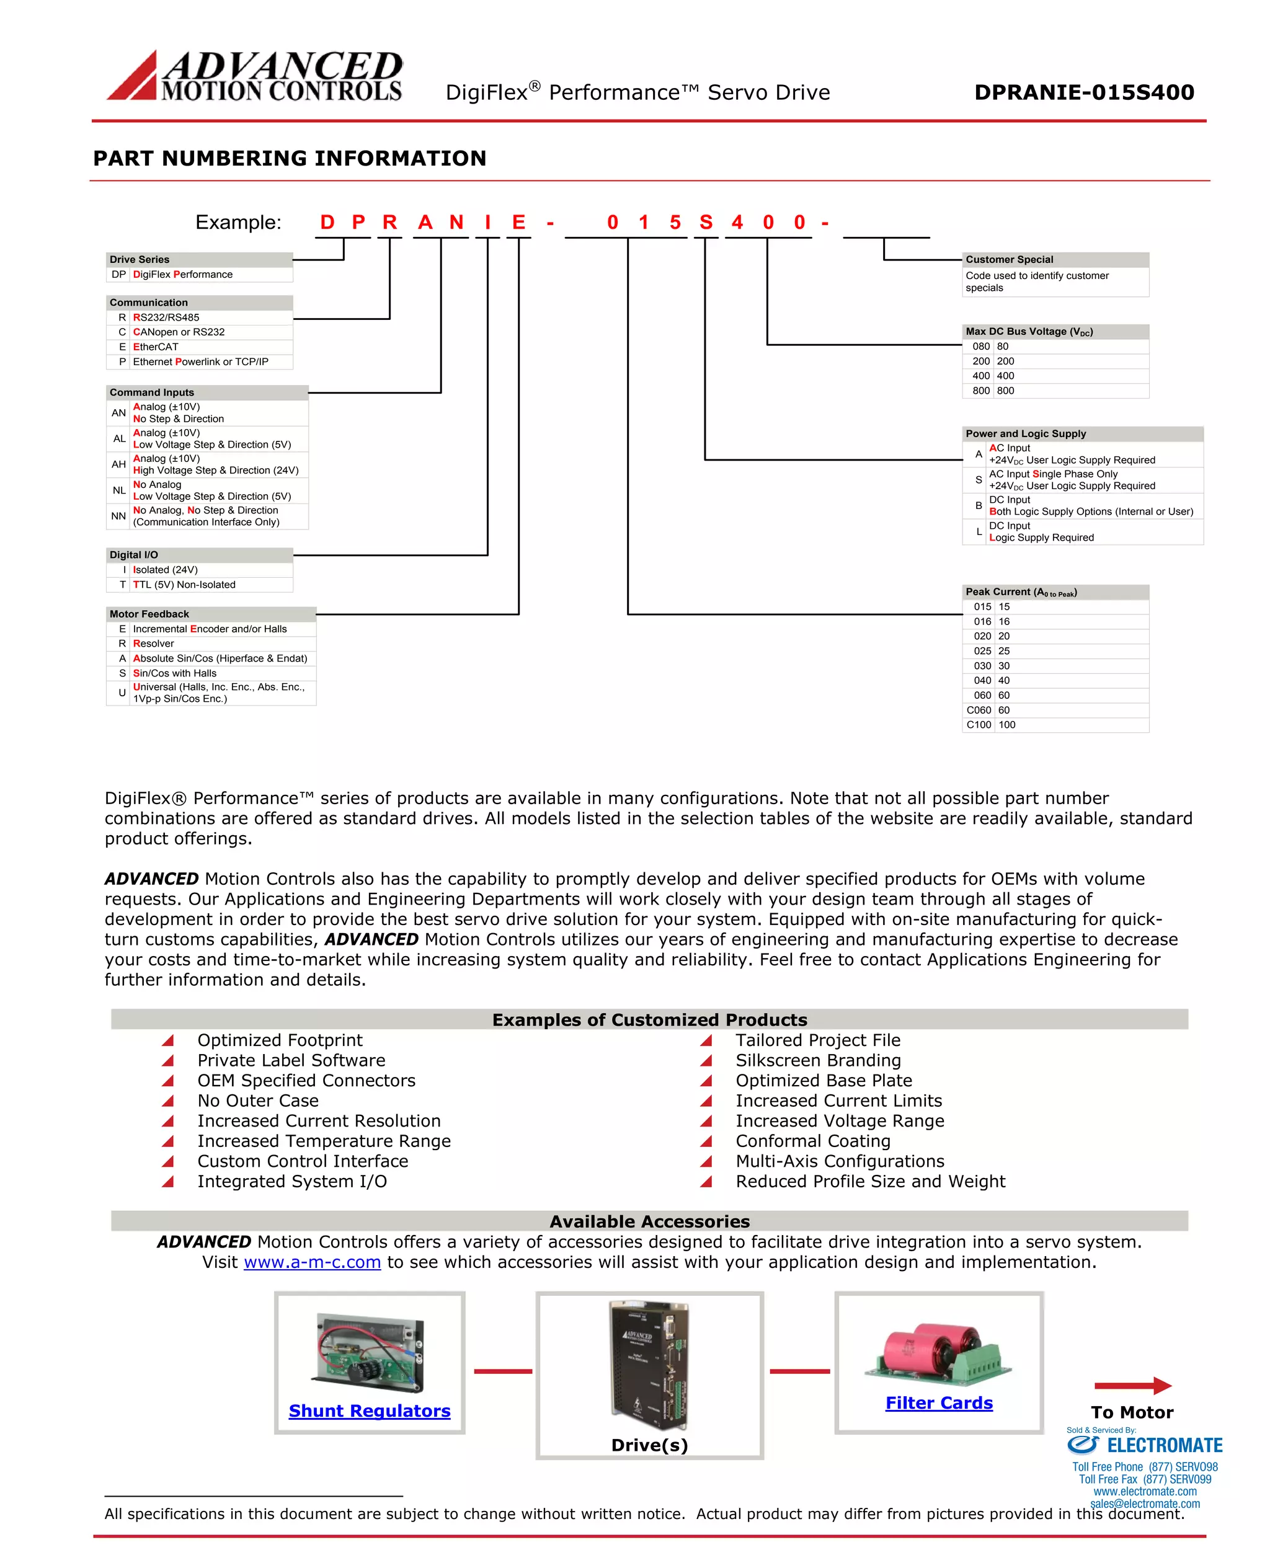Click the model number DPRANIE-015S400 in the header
pos(1083,92)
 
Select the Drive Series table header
pos(199,260)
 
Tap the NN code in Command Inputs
pos(118,516)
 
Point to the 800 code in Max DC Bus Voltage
pos(980,391)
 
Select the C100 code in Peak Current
pos(978,725)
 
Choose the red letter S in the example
pos(705,223)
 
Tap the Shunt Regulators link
pos(370,1411)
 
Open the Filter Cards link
pos(939,1403)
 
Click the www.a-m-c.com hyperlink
pos(313,1262)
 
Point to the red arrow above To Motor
pos(1132,1386)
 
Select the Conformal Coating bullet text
pos(813,1141)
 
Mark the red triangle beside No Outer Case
pos(167,1101)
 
